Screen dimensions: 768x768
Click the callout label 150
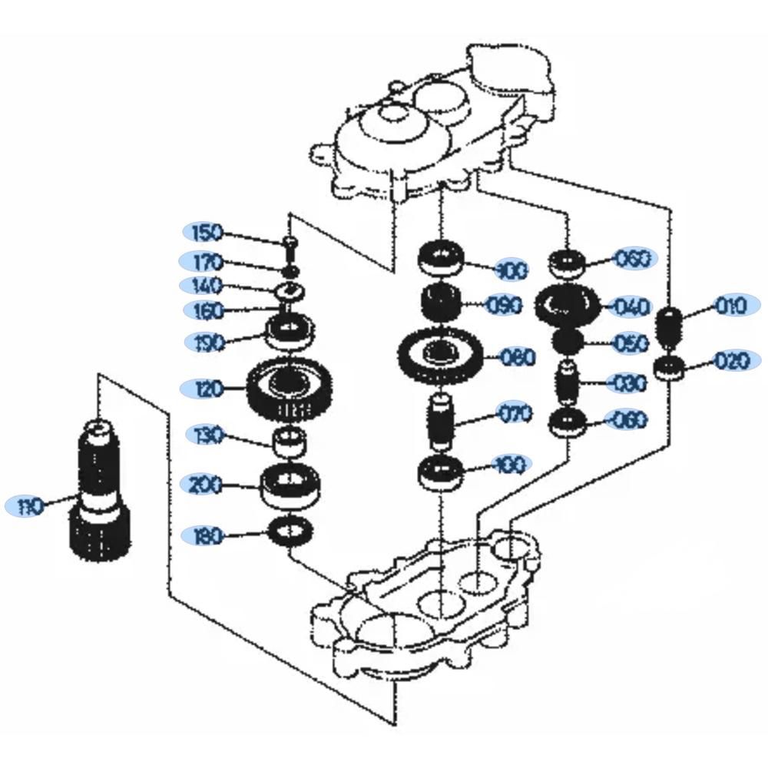click(205, 232)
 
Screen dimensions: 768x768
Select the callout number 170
click(205, 262)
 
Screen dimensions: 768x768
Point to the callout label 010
click(730, 306)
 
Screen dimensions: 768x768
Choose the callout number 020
click(730, 360)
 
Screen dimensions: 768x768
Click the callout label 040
click(632, 307)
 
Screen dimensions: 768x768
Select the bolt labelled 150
click(289, 247)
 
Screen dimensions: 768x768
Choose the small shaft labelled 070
click(440, 421)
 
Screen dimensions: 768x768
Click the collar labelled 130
click(289, 442)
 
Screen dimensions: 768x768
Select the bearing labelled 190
click(290, 332)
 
